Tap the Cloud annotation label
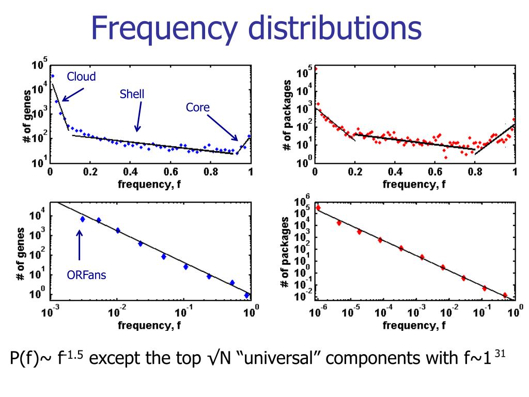pos(81,77)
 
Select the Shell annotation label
pos(132,94)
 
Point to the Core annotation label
pos(198,108)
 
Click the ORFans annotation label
pos(86,275)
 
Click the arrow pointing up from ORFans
pos(80,245)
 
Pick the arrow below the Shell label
pos(139,117)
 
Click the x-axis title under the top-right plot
pos(414,184)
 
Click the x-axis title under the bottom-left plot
pos(149,325)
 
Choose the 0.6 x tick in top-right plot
pos(434,172)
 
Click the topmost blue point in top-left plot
pos(52,75)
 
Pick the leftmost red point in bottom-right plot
pos(318,208)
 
